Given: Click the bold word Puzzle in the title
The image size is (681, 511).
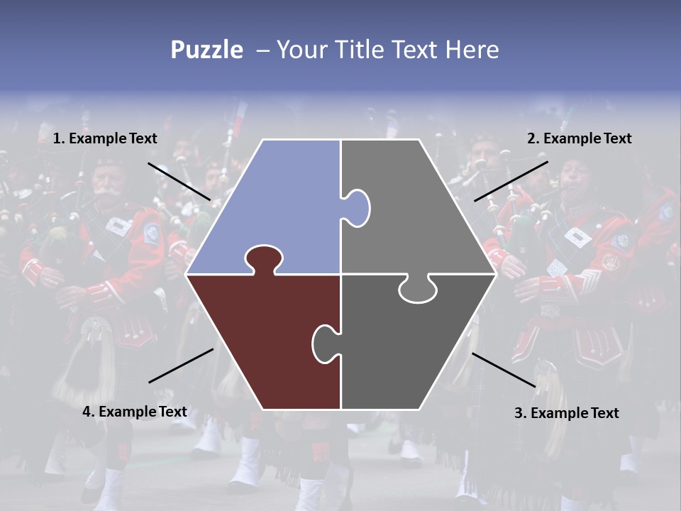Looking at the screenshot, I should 206,50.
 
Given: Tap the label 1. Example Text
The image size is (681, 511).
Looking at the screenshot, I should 105,138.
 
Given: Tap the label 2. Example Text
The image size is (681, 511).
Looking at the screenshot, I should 579,138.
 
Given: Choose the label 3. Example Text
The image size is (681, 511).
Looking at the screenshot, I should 566,413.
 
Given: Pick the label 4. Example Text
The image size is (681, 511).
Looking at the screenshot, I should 135,412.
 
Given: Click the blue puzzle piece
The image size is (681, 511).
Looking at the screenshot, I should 277,206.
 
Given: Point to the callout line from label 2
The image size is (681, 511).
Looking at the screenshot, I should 511,181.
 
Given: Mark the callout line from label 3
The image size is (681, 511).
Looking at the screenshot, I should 504,370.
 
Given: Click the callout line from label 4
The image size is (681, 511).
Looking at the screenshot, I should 181,366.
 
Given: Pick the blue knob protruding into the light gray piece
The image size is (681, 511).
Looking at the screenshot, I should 358,207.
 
